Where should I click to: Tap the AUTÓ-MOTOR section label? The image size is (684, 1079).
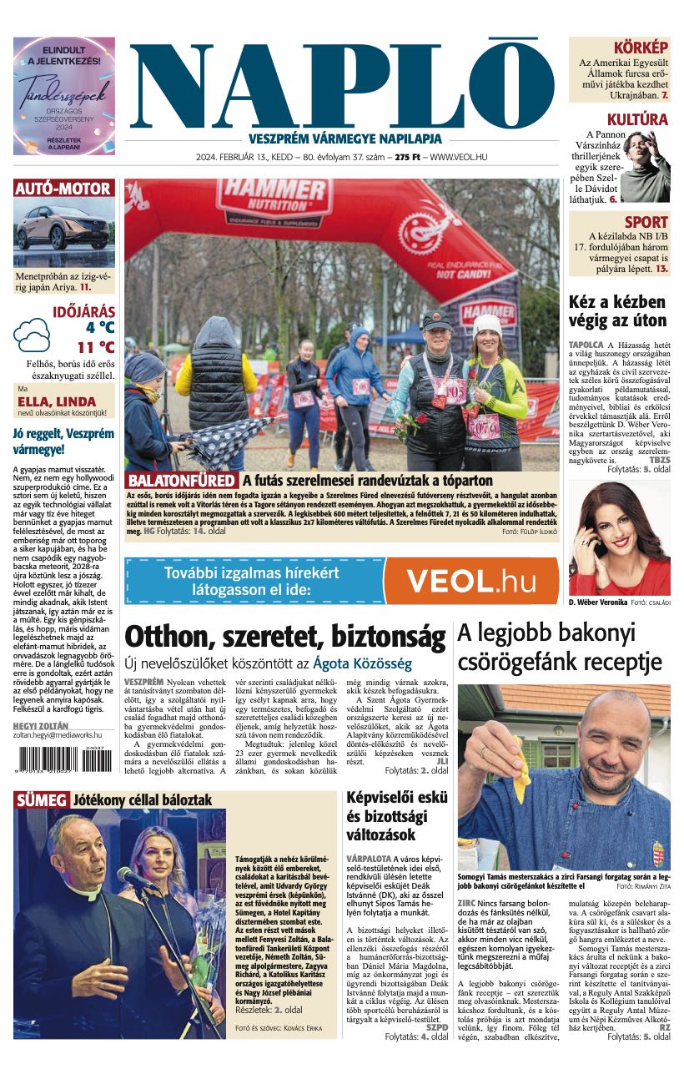(63, 189)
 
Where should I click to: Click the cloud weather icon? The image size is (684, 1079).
(32, 335)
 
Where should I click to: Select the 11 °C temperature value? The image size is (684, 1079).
(96, 347)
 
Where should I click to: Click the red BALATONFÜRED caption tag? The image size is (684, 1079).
(181, 481)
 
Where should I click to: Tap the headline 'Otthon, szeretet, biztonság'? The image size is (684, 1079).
(284, 638)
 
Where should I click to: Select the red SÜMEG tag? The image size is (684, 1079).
(41, 800)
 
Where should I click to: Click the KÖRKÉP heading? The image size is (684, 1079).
(641, 48)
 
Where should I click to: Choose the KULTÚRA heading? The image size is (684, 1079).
(637, 119)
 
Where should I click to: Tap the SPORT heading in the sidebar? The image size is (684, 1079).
(646, 222)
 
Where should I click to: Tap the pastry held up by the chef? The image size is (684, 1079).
(521, 763)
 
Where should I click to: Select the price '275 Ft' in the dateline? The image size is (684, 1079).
(407, 157)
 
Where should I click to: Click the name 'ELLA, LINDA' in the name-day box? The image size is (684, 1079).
(57, 401)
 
